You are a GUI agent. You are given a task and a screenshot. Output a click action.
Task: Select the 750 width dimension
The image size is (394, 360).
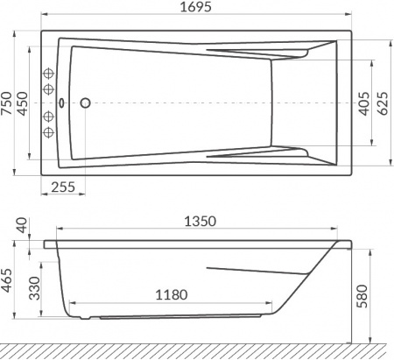click(8, 103)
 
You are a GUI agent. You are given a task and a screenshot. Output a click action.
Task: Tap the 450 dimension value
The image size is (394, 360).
click(26, 103)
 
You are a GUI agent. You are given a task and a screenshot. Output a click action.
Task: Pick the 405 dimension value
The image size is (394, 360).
click(362, 103)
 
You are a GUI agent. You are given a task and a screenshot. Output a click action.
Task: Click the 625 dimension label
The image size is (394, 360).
click(382, 103)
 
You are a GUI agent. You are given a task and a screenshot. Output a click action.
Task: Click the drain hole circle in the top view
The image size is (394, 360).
click(86, 103)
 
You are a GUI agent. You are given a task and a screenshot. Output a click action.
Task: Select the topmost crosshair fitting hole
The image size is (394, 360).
click(50, 74)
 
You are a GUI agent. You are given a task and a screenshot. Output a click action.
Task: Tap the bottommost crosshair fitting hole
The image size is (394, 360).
click(50, 133)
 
